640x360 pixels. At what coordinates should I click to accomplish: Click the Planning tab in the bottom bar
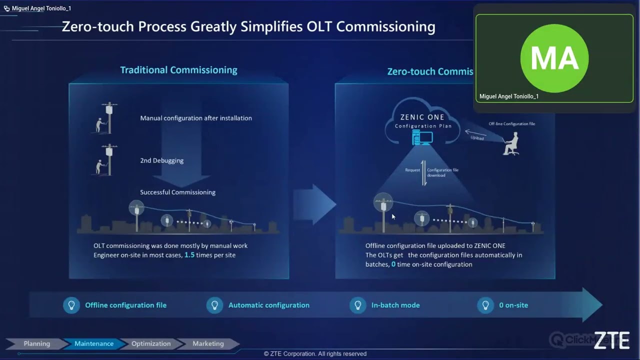(x=36, y=343)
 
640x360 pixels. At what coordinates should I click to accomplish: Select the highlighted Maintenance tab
(x=93, y=343)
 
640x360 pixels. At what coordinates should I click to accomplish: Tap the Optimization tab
(x=150, y=343)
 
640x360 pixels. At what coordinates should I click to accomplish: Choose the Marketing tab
(x=208, y=343)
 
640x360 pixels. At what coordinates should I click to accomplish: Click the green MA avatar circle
(x=554, y=58)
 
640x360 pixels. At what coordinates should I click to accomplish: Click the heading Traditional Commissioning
(x=178, y=70)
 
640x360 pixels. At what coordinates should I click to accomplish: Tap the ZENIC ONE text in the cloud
(x=422, y=117)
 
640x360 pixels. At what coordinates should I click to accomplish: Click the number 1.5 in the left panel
(x=189, y=255)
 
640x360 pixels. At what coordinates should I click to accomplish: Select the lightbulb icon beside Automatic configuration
(x=214, y=305)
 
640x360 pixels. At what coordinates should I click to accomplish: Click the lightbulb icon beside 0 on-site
(x=485, y=305)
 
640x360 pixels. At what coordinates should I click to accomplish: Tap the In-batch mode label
(x=395, y=305)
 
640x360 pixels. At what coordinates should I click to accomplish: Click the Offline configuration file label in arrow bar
(x=125, y=305)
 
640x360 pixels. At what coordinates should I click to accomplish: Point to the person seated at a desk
(x=511, y=144)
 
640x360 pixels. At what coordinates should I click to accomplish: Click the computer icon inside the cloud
(x=422, y=137)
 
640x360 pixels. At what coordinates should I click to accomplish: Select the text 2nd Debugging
(x=161, y=160)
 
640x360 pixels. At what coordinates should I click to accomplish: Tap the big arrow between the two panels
(x=314, y=204)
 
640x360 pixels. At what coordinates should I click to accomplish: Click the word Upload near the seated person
(x=477, y=137)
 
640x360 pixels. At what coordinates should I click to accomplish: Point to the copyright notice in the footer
(x=315, y=353)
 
